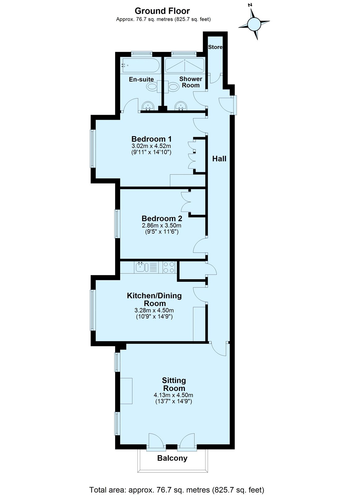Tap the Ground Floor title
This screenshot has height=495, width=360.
pos(162,11)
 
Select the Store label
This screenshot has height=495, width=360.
pos(215,47)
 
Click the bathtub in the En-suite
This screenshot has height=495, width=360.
pos(141,65)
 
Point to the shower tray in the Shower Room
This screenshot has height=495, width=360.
pos(185,65)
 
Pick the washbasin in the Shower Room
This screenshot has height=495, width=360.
pos(181,106)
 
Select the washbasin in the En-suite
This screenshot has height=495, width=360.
pos(148,106)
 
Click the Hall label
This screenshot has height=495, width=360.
pos(219,159)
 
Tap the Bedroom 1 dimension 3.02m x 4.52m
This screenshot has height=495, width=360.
pos(151,146)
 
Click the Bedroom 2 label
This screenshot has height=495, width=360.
pos(162,218)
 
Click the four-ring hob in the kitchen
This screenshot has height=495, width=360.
pos(169,267)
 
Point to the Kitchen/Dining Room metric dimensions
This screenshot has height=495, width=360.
pos(154,311)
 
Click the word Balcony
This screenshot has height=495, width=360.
pos(172,458)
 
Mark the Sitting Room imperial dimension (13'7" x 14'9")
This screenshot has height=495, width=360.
pos(173,401)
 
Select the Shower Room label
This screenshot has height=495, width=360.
pos(191,82)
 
